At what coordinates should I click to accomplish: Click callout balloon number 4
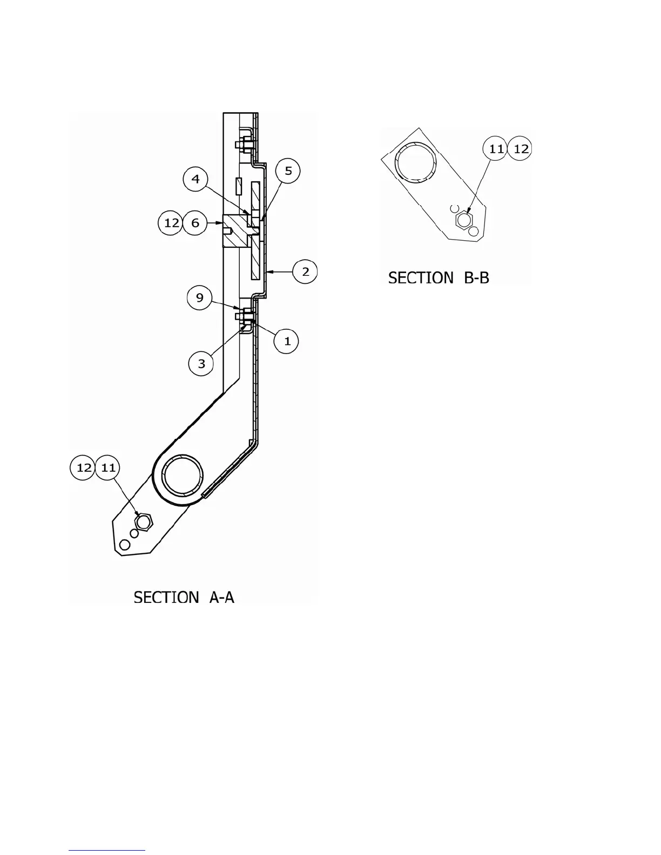point(196,179)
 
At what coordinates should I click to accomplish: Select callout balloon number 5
point(288,171)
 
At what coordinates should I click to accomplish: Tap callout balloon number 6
point(195,223)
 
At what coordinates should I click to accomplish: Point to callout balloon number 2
point(305,272)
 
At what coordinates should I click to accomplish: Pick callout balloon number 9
point(200,298)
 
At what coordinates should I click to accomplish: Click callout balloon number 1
point(287,341)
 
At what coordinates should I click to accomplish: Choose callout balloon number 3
point(201,364)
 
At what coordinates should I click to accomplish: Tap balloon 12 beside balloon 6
point(171,223)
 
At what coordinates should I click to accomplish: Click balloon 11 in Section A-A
point(109,467)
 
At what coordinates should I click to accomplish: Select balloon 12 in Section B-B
point(521,149)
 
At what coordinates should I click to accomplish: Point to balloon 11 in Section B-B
point(496,149)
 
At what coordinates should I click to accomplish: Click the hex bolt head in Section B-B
point(464,220)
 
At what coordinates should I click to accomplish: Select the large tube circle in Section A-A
point(184,475)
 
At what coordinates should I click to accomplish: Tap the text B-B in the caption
point(476,278)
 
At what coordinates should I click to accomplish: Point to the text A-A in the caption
point(221,598)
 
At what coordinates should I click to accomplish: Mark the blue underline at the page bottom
point(107,851)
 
